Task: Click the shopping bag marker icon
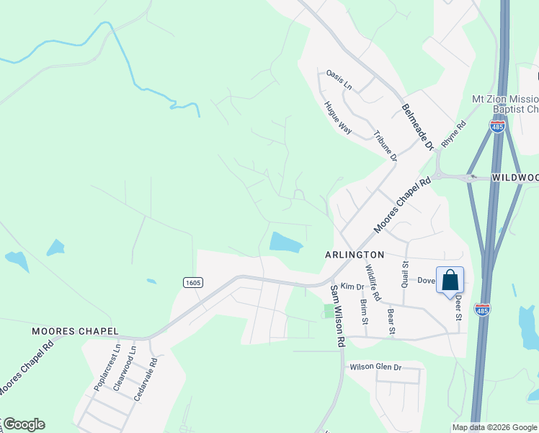450,280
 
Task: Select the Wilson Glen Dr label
375,367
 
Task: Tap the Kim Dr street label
352,287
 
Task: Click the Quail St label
406,274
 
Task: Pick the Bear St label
391,323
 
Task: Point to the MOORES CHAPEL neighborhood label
75,331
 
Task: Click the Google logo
24,424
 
